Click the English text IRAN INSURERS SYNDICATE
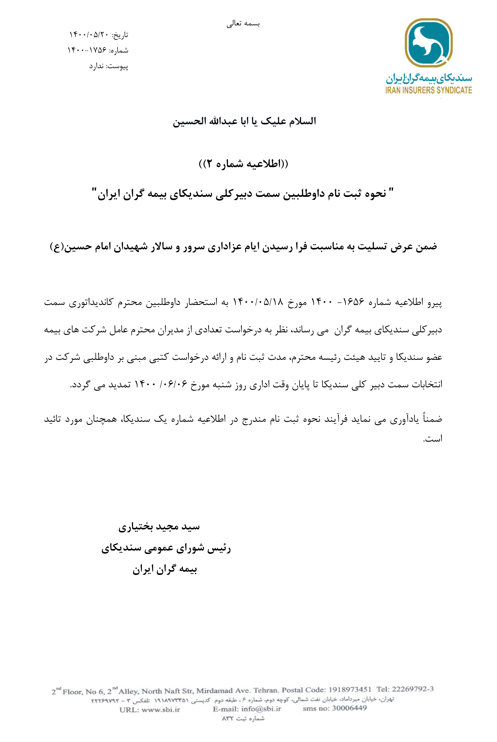429,90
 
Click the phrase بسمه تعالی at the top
243,24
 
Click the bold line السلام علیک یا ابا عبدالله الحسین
244,121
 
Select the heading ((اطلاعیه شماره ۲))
243,164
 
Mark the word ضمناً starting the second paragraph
430,419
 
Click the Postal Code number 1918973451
350,690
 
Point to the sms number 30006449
349,708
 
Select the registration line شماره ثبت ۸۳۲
243,718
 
